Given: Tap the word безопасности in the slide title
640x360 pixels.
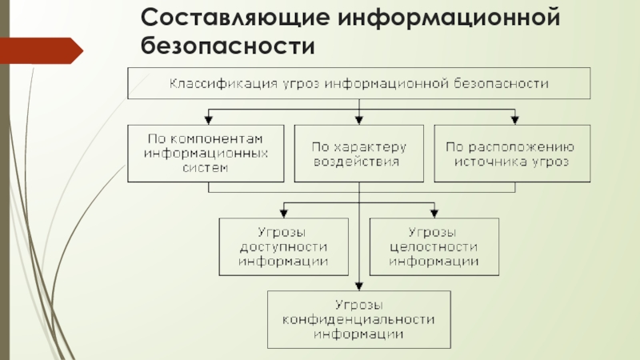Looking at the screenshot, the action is click(228, 45).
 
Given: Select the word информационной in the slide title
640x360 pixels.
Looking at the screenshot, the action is click(449, 18).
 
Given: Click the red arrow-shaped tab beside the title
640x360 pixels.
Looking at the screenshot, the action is click(42, 50).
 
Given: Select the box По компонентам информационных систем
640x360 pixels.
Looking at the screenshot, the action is click(206, 154).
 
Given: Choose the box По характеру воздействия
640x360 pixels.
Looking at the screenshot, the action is click(358, 154).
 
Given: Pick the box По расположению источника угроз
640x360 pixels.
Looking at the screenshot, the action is click(512, 154).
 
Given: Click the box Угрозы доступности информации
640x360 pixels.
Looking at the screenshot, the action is click(284, 246).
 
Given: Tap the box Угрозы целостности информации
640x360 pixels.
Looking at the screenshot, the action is click(434, 246).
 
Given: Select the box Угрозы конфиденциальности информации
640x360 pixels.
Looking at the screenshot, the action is click(359, 319).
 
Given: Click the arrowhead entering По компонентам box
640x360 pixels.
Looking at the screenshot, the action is click(209, 120).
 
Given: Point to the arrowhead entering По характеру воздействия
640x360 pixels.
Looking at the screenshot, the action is click(359, 120).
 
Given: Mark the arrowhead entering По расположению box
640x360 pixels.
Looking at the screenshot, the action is click(514, 120).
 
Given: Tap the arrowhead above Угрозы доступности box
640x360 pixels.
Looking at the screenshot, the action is click(284, 213).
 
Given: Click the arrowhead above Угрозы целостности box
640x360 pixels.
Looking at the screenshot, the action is click(434, 213).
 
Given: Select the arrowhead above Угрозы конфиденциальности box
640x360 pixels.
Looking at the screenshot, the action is click(359, 286).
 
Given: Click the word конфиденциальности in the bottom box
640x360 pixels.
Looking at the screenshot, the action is click(358, 319).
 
